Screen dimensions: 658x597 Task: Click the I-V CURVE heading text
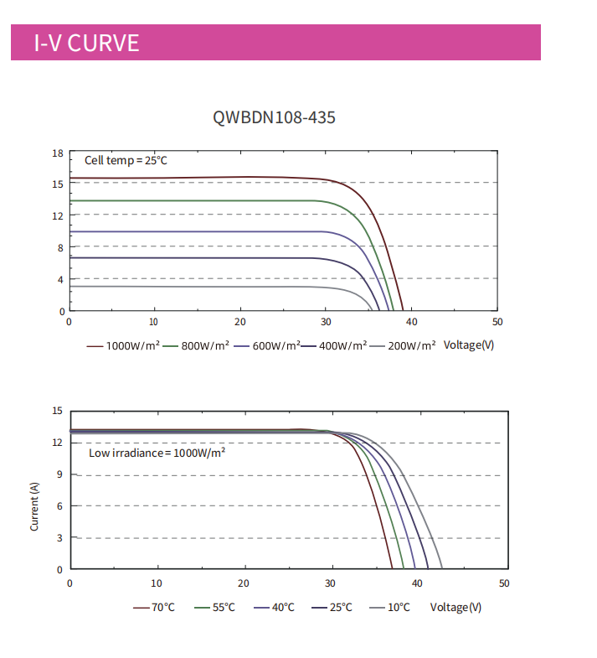point(86,43)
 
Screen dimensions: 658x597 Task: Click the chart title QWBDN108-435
point(275,117)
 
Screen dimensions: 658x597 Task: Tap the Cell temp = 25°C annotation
point(126,160)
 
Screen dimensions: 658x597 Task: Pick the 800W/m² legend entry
point(201,345)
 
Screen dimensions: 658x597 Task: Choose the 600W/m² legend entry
point(270,345)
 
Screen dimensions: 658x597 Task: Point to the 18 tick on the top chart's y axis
point(58,153)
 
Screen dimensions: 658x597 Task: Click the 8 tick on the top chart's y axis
point(60,247)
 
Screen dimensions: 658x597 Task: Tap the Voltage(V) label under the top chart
point(468,345)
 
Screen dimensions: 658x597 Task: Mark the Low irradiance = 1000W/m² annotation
point(157,453)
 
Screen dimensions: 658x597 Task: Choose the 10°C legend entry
point(398,607)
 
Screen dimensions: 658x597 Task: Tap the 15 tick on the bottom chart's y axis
point(58,411)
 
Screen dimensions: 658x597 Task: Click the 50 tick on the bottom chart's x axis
point(504,583)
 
